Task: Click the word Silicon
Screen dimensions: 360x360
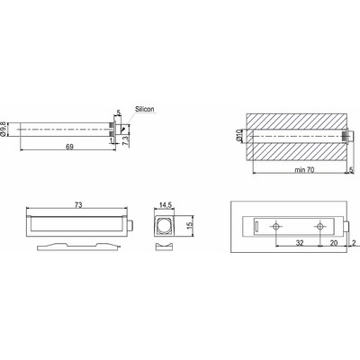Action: (145, 108)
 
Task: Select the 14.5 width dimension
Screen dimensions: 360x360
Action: (163, 206)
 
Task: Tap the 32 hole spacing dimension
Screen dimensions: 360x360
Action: (299, 242)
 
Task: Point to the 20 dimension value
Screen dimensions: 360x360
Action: (333, 242)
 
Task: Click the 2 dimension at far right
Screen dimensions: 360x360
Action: (355, 242)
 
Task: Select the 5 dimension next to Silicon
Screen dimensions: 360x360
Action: (118, 113)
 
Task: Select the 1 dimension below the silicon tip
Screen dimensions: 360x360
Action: (111, 140)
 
